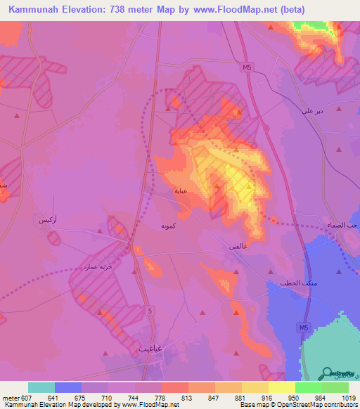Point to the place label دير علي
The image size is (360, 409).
coord(311,111)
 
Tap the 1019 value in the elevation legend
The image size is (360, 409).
coord(348,398)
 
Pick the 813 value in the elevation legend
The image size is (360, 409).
coord(187,398)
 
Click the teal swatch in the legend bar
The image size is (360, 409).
coord(41,387)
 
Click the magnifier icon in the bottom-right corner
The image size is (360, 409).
coord(328,372)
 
